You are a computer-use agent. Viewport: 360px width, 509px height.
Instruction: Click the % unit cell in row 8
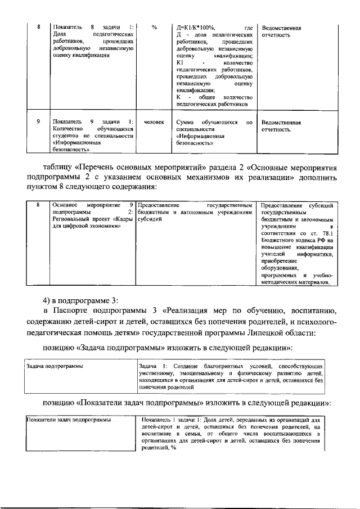click(x=154, y=27)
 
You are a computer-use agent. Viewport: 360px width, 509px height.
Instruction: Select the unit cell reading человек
click(x=154, y=121)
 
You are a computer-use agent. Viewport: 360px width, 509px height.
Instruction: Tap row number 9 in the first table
click(x=38, y=121)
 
